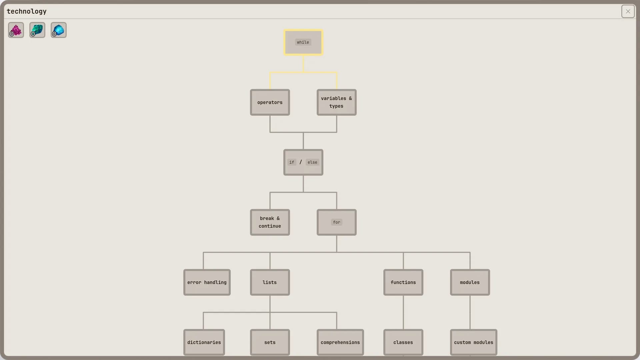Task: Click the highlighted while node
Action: [303, 42]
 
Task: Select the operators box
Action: [270, 102]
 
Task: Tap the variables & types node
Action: [336, 102]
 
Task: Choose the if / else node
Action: [303, 162]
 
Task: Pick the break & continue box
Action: [270, 222]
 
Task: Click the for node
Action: [336, 222]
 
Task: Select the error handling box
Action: [207, 282]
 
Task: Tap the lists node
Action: [270, 282]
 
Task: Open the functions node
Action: [403, 282]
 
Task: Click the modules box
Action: [470, 282]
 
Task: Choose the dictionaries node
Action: [204, 342]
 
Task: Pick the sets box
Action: [270, 342]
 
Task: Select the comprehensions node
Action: [340, 342]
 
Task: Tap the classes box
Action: [403, 342]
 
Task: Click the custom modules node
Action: [473, 342]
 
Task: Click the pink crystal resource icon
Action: [16, 30]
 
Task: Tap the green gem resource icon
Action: [37, 30]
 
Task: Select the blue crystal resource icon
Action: [59, 30]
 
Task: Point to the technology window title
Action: [27, 11]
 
